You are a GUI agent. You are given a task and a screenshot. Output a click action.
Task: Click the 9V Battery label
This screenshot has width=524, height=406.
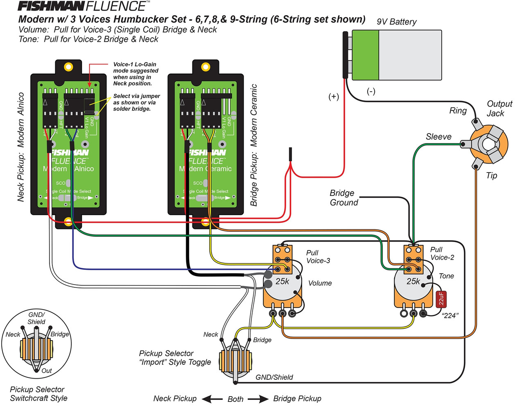tap(396, 22)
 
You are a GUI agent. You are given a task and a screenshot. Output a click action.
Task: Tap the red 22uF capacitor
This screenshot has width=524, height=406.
tap(441, 299)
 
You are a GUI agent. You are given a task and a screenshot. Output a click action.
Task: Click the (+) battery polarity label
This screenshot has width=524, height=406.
tap(334, 96)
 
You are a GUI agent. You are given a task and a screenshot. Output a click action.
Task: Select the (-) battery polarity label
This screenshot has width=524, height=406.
tap(371, 91)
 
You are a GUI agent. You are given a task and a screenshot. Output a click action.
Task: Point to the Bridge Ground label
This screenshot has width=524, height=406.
tap(344, 198)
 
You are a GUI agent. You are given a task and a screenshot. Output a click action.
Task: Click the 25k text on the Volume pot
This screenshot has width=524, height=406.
tap(282, 281)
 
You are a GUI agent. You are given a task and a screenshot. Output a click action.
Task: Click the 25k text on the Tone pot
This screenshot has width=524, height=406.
tap(413, 281)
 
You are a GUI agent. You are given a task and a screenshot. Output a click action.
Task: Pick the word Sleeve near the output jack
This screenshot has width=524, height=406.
tap(438, 137)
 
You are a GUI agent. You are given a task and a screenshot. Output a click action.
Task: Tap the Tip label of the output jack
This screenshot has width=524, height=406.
tap(491, 175)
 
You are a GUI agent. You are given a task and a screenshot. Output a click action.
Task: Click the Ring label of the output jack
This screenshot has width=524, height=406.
tap(458, 111)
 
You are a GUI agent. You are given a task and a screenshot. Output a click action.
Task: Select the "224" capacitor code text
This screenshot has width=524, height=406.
tap(450, 315)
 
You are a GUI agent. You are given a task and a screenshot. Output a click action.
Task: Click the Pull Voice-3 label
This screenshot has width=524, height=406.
tap(318, 257)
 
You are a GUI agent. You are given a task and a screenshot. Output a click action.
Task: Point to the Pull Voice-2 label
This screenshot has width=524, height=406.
tap(442, 253)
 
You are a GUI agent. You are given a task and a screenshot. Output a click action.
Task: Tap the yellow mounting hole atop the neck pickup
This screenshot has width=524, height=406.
tap(68, 67)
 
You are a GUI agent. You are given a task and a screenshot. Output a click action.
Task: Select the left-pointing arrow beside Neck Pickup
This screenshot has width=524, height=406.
tap(212, 399)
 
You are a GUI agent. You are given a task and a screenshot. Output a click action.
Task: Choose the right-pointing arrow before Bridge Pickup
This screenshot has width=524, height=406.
tap(258, 399)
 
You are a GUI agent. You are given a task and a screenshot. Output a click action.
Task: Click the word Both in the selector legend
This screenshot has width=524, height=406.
tap(235, 399)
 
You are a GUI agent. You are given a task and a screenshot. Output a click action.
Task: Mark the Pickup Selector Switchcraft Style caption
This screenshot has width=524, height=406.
tap(38, 394)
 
